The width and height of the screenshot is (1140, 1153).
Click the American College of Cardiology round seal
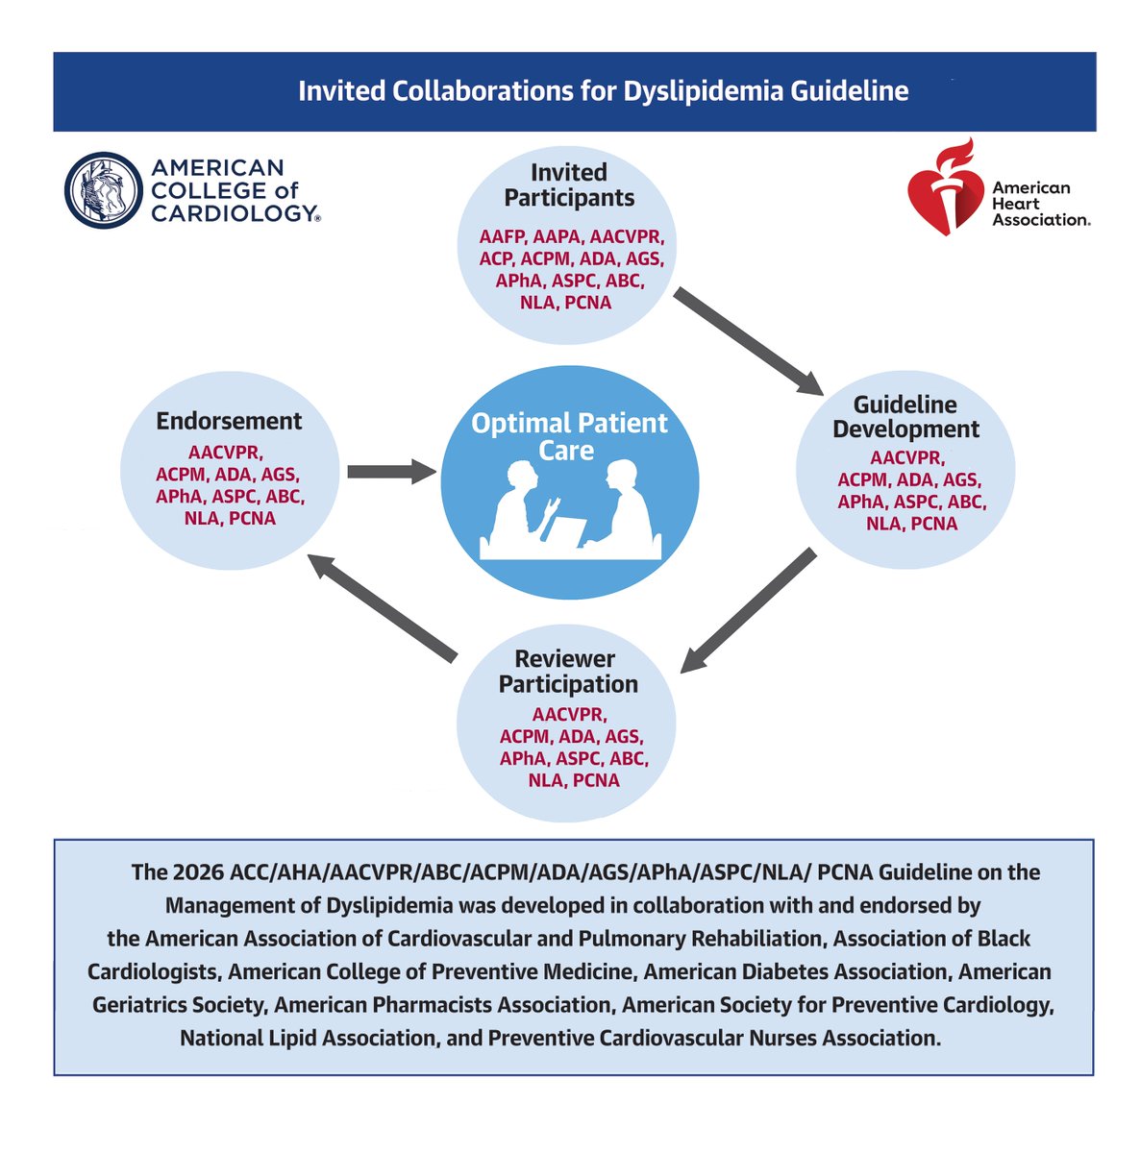pos(103,189)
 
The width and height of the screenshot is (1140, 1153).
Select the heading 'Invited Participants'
pos(569,184)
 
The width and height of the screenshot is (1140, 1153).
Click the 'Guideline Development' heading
pos(905,417)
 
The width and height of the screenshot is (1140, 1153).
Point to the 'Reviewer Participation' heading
pos(568,672)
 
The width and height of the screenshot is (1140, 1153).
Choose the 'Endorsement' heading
pos(229,421)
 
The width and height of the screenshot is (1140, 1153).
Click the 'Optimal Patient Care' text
pos(569,436)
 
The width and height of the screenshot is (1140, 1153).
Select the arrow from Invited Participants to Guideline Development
pos(748,341)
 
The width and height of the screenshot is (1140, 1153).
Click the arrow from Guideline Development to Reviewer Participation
pos(748,611)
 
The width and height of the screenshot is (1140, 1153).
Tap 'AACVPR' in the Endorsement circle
pos(226,452)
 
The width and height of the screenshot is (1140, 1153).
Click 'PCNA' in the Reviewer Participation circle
pos(596,780)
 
